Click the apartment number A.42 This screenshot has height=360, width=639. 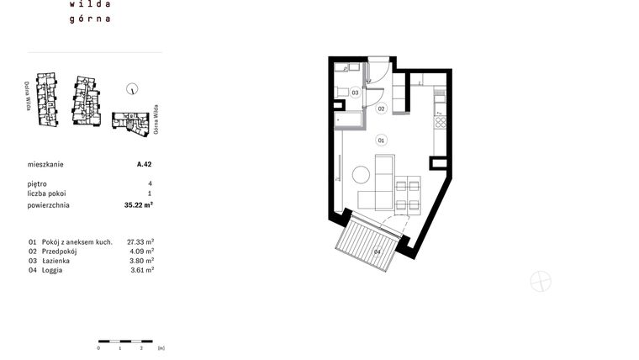(x=144, y=166)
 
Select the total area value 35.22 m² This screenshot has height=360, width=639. (x=139, y=204)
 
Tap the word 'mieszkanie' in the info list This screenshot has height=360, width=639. (x=45, y=166)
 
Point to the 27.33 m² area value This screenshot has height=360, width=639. (x=140, y=241)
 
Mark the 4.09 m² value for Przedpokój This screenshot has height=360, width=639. (x=140, y=251)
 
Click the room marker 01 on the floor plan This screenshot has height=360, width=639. (x=381, y=140)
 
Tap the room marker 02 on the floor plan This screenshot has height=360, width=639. (x=381, y=109)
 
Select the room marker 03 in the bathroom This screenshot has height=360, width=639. (x=356, y=93)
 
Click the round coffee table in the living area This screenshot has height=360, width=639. (x=362, y=176)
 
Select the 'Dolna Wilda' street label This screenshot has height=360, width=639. (x=28, y=96)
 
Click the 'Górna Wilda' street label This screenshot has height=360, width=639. (x=156, y=120)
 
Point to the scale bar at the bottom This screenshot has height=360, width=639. (x=120, y=340)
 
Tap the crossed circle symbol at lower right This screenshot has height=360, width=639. (x=541, y=282)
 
